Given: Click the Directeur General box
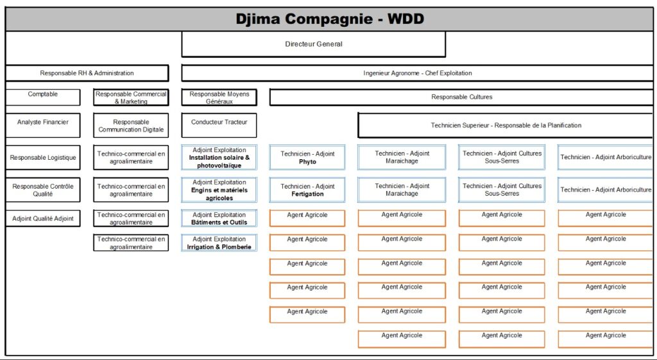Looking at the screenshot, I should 313,44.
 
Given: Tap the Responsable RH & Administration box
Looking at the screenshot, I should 87,73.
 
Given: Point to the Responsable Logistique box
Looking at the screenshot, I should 43,158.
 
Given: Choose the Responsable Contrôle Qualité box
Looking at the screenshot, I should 43,190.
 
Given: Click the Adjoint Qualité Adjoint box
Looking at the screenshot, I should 43,219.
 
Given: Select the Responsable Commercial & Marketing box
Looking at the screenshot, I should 131,98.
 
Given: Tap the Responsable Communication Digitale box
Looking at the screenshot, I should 131,126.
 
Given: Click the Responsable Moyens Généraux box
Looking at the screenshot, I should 219,98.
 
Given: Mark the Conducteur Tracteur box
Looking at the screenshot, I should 219,125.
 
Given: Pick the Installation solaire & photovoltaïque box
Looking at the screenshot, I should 219,158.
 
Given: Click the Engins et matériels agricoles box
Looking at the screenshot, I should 219,190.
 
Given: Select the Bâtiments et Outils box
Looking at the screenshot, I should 219,219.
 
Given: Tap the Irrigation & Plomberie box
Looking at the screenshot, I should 219,243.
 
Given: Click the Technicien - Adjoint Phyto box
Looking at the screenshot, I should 307,158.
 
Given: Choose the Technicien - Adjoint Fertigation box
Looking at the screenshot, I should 307,190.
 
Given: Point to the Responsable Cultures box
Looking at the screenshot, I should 461,98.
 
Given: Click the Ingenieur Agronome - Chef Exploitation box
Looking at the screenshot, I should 417,73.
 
